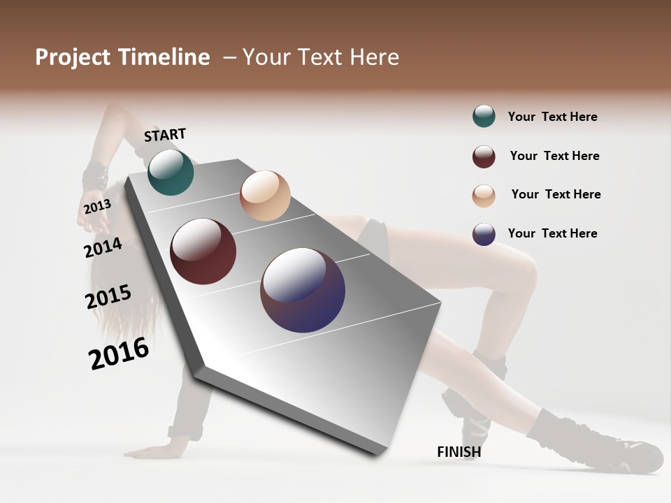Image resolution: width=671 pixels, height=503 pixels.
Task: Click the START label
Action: tap(165, 135)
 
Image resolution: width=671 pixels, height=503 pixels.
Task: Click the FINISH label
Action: tap(459, 452)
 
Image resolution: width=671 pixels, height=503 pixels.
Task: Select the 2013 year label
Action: tap(97, 207)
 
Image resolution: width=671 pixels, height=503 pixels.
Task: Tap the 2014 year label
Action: tap(103, 247)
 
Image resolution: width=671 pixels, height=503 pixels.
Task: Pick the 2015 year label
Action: tap(108, 297)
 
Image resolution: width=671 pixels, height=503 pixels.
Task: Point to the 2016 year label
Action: tap(119, 353)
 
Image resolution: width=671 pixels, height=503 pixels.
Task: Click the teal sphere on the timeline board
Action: tap(171, 173)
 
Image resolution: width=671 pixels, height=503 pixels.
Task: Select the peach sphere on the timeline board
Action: tap(265, 195)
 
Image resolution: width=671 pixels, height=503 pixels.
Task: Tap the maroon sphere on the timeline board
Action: tap(203, 251)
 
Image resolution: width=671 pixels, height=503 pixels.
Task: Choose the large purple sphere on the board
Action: tap(303, 290)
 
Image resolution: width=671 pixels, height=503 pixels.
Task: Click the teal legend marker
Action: tap(484, 116)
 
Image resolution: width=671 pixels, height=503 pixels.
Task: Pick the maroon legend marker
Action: tap(484, 156)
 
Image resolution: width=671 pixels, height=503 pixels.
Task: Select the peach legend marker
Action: tap(484, 196)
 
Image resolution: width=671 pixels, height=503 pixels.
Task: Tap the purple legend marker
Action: tap(484, 234)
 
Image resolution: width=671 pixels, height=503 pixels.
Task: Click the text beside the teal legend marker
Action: tap(552, 117)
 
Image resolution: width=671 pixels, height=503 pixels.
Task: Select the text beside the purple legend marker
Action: tap(552, 233)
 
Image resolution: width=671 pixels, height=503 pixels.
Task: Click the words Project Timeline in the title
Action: tap(122, 57)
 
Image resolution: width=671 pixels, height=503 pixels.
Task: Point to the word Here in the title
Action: tap(374, 57)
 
